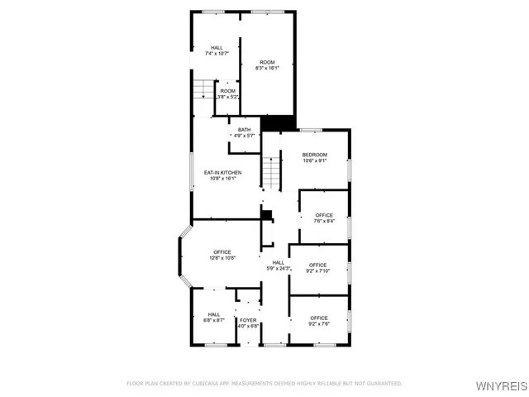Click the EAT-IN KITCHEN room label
point(222,172)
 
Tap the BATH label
point(244,130)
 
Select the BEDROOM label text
point(314,155)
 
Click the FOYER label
point(248,319)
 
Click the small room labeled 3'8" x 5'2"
point(226,93)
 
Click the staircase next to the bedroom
point(272,173)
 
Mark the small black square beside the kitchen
point(265,214)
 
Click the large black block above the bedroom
point(277,122)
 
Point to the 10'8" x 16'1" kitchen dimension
point(222,178)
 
